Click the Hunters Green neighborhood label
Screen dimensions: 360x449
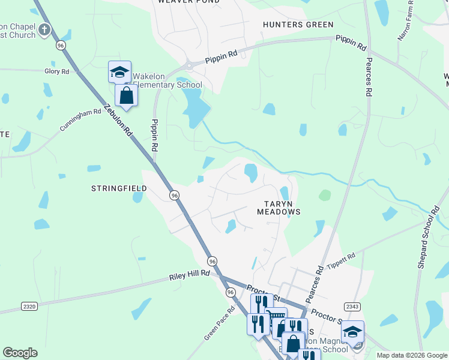click(x=298, y=25)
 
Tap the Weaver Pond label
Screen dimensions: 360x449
click(x=188, y=2)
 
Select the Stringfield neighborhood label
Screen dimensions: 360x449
click(x=119, y=188)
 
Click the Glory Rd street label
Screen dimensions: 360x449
click(x=57, y=71)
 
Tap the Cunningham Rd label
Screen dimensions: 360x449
click(x=80, y=120)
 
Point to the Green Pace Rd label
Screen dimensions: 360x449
click(x=214, y=327)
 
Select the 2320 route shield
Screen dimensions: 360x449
click(x=29, y=306)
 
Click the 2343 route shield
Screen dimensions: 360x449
click(x=352, y=307)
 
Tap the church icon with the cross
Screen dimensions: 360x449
click(x=44, y=29)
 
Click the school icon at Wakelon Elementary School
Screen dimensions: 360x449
click(x=119, y=73)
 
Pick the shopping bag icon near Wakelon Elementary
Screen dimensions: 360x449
click(x=127, y=95)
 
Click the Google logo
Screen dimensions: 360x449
click(x=20, y=353)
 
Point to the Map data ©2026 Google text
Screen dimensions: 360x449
click(x=412, y=355)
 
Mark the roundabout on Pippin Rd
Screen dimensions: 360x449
click(x=190, y=65)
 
